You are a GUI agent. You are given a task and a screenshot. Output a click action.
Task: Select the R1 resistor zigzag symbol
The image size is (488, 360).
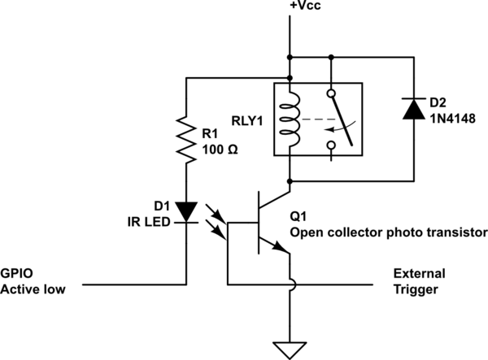pos(187,139)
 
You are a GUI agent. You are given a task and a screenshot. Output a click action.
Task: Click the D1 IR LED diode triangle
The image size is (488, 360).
pos(187,213)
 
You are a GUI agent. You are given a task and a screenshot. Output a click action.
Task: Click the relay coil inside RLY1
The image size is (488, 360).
pos(290,119)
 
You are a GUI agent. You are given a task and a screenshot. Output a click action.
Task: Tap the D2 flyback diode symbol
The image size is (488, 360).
pos(413,108)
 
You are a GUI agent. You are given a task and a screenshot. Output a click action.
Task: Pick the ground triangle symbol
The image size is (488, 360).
pos(290,350)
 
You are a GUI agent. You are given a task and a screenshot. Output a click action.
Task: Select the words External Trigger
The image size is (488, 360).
pos(416,280)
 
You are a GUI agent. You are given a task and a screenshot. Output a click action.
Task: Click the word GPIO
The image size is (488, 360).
pos(16,274)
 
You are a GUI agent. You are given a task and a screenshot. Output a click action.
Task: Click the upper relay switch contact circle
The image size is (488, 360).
pos(331,93)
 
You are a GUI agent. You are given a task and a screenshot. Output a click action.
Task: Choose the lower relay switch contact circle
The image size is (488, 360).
pos(331,145)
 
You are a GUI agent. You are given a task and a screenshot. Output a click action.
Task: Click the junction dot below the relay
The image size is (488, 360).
pos(290,179)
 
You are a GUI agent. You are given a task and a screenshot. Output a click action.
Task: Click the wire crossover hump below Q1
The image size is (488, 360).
pos(290,284)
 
